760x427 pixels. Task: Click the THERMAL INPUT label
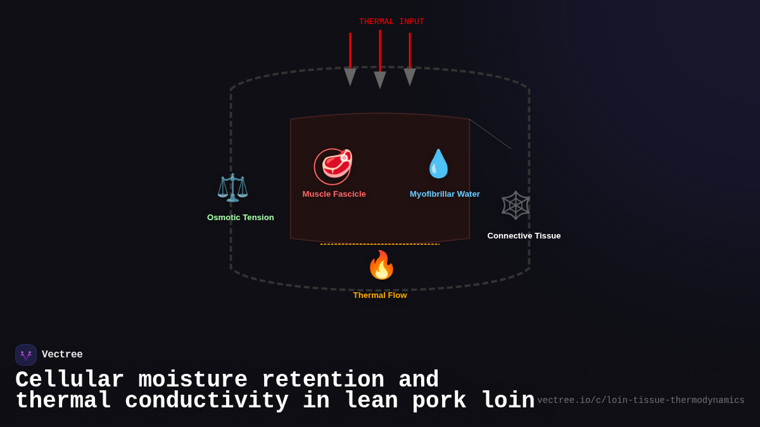[391, 22]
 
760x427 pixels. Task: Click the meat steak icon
[335, 165]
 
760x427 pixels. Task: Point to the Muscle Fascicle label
[334, 194]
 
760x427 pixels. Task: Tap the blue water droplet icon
[438, 164]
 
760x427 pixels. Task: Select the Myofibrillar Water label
[445, 194]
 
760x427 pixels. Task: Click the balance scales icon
[232, 187]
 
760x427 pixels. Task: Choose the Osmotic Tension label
[241, 218]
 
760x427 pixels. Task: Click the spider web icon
[516, 205]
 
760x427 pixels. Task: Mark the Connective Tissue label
[524, 236]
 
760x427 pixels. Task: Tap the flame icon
[381, 265]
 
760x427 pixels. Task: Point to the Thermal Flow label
[380, 295]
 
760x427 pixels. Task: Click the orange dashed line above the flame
[380, 244]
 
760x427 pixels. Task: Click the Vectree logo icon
[26, 355]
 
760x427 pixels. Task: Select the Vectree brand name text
[62, 355]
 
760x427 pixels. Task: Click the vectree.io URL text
[640, 400]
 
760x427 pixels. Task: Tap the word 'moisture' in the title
[193, 380]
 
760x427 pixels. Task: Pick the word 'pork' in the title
[440, 401]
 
